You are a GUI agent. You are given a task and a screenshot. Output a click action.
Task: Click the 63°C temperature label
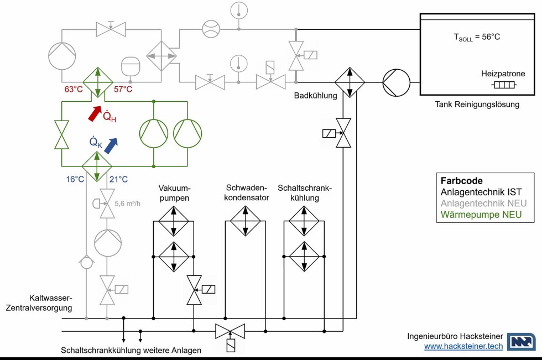point(73,89)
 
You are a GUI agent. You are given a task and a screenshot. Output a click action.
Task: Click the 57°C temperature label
point(123,89)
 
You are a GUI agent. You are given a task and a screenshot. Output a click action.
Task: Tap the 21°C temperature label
point(119,179)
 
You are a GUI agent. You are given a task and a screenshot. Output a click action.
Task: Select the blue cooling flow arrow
point(111,145)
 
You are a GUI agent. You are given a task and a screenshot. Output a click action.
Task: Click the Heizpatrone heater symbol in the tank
point(503,85)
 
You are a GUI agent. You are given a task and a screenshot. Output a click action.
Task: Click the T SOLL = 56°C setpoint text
point(477,38)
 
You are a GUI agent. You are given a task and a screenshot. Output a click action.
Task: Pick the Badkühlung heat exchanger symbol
point(350,82)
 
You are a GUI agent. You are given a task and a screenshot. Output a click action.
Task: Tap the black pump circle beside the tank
point(397,82)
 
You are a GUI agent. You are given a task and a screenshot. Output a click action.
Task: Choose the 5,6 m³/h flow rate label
point(127,204)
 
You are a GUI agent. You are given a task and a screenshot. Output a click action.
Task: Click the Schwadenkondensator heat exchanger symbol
point(246,221)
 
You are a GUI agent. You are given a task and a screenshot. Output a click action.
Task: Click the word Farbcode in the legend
point(462,181)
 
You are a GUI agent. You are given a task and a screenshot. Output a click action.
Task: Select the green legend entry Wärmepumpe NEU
point(481,215)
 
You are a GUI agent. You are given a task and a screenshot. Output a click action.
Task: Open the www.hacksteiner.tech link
point(463,346)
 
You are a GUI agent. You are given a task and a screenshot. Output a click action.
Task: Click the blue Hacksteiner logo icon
point(522,342)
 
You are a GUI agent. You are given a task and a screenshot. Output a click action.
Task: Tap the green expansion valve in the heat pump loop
point(61,134)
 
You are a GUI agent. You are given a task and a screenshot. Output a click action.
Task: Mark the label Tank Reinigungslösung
point(477,105)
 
